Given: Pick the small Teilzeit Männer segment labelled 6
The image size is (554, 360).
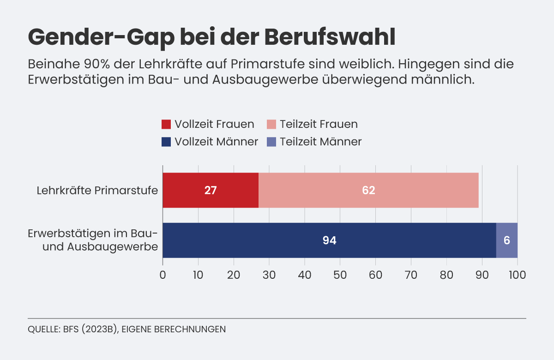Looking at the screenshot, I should [507, 240].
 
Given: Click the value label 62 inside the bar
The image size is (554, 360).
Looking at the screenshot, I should [368, 190].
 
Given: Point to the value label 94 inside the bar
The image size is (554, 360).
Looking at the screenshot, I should [329, 240].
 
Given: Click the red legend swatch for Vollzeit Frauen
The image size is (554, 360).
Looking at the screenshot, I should [166, 125].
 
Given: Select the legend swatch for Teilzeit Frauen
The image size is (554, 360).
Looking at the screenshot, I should [271, 125].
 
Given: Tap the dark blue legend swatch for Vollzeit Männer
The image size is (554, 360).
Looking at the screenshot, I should [166, 142].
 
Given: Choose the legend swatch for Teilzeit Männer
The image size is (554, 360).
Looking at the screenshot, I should [271, 142].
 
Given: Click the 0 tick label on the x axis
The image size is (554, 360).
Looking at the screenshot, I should [163, 275].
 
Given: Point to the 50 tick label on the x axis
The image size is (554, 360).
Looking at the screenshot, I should [340, 275].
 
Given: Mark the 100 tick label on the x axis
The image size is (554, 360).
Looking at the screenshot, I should [517, 275].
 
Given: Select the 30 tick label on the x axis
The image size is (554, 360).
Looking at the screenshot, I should [269, 275].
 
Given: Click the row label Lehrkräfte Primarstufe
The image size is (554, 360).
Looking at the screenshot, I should [97, 190].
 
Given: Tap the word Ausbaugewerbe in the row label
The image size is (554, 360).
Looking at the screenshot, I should [113, 247].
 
